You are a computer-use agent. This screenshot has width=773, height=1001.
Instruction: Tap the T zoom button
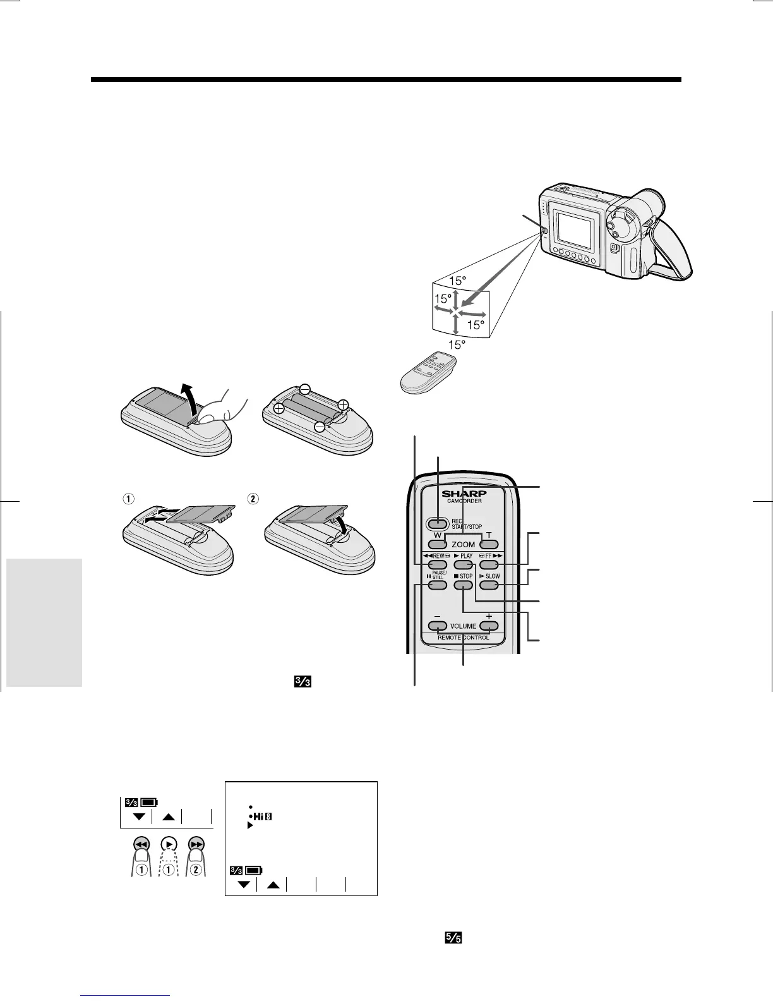[x=489, y=543]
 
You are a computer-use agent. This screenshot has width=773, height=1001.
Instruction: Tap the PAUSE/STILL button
[x=437, y=585]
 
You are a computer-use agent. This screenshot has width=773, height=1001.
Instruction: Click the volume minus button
[x=437, y=626]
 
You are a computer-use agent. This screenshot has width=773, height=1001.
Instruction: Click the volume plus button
[x=489, y=626]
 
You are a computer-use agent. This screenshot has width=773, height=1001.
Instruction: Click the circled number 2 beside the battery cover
[x=253, y=498]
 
